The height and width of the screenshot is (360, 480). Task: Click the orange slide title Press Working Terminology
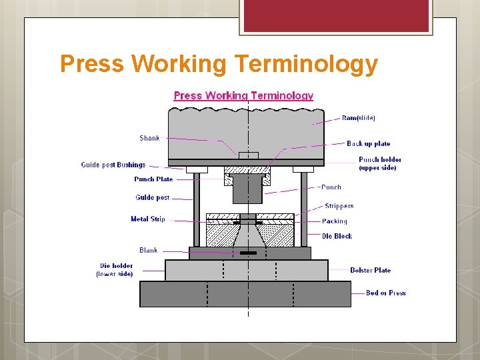tap(219, 65)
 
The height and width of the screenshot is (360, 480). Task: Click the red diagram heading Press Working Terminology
tap(243, 95)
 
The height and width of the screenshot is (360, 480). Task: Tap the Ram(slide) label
tap(358, 118)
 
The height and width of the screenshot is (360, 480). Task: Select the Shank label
tap(149, 138)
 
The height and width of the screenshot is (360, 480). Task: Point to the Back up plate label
tap(368, 143)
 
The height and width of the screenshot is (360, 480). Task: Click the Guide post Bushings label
tap(113, 165)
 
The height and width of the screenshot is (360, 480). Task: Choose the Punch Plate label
tap(153, 179)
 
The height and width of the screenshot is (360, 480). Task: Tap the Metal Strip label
tap(147, 219)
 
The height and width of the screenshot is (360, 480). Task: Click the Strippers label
tap(339, 206)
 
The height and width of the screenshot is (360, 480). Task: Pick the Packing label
tap(335, 221)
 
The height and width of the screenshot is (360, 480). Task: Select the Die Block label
tap(337, 236)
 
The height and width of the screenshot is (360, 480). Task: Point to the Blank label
tap(149, 250)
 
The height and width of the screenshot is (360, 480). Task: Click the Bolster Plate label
tap(370, 270)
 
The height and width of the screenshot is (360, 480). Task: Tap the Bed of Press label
tap(385, 293)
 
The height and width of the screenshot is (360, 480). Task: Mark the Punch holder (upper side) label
tap(380, 163)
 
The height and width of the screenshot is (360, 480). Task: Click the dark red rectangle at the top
tap(335, 16)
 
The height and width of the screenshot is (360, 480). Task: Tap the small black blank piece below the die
tap(248, 253)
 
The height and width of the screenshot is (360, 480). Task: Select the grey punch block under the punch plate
tap(247, 191)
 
